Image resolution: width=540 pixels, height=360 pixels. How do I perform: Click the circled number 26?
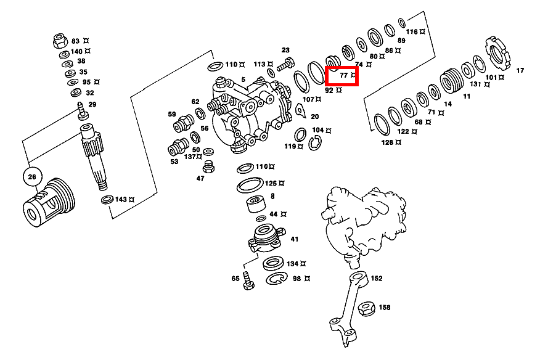(32, 177)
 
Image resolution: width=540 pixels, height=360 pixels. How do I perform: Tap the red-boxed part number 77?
(344, 75)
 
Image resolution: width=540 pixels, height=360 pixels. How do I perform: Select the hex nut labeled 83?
(60, 41)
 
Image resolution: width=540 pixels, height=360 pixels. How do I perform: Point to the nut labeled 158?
(366, 308)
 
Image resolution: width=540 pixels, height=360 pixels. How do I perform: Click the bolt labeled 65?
(248, 280)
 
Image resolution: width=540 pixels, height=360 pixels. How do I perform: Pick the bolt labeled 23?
(285, 64)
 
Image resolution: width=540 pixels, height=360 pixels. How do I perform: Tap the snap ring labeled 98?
(277, 279)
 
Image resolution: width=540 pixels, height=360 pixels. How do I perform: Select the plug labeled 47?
(208, 166)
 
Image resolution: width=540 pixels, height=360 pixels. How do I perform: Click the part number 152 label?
(377, 279)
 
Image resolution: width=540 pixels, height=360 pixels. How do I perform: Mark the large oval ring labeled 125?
(250, 186)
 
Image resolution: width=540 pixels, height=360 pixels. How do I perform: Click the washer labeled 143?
(107, 200)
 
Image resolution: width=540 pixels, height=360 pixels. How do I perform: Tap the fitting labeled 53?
(178, 147)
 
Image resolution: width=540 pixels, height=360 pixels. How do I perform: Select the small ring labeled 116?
(402, 23)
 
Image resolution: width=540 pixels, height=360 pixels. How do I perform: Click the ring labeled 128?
(382, 125)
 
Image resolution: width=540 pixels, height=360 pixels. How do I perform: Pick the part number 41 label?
(295, 239)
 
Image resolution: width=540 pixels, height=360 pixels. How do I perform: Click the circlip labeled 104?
(315, 143)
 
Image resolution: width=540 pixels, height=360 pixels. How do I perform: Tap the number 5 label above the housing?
(243, 80)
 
